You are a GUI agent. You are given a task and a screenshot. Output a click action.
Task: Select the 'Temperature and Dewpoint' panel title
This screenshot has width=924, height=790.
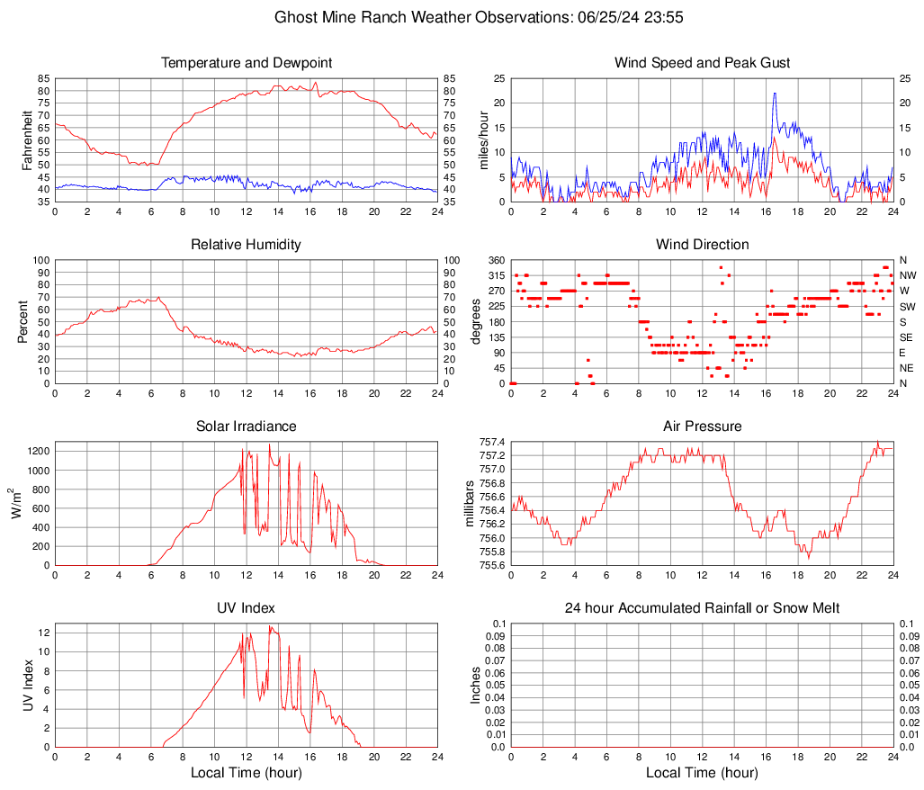(247, 63)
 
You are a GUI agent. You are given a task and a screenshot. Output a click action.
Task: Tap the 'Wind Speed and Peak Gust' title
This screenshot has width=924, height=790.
(702, 63)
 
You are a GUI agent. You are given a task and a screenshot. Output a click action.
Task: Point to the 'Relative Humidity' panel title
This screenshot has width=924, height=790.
(247, 245)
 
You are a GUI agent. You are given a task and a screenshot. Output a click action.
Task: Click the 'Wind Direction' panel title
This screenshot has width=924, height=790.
(702, 245)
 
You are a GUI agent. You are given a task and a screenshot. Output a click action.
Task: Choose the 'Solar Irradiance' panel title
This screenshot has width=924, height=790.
(247, 426)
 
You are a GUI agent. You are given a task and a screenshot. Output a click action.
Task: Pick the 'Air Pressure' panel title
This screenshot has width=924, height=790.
(702, 426)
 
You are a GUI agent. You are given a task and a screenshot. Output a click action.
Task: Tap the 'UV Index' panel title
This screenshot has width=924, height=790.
(247, 608)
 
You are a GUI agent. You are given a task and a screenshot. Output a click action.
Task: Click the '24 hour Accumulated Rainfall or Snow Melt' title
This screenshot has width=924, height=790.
(702, 608)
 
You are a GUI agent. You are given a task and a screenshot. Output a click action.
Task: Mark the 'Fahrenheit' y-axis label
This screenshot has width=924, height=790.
(26, 139)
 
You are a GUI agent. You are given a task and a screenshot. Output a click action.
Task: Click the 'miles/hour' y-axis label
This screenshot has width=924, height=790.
(483, 139)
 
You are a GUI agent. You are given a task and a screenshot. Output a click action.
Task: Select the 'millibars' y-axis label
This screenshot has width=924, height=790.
(469, 503)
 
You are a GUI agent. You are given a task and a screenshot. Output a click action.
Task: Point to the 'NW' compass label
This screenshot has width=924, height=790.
(908, 275)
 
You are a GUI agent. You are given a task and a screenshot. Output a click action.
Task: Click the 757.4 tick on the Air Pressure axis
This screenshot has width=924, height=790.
(491, 443)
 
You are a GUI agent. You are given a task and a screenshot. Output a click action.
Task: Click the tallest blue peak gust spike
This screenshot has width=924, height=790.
(774, 94)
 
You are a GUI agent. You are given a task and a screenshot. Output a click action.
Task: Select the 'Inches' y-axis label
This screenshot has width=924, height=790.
(476, 685)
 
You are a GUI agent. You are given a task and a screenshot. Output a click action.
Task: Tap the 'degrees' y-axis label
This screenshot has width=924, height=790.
(476, 321)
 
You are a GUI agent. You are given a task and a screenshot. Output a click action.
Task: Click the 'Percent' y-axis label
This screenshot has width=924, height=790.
(22, 321)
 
